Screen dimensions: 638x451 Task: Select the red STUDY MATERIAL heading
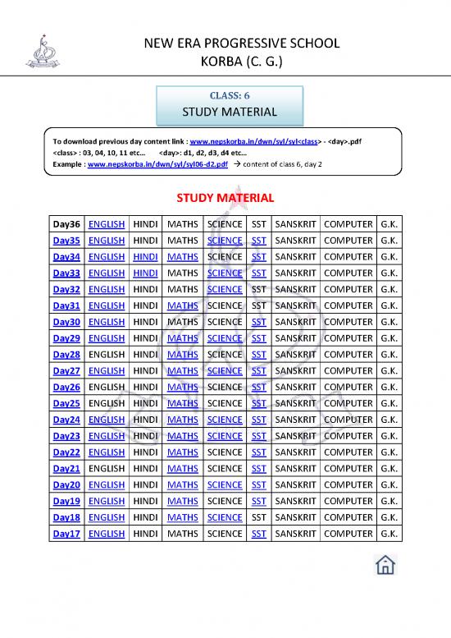coord(225,198)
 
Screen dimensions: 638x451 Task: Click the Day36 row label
coord(66,224)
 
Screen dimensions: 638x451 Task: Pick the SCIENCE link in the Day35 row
coord(225,241)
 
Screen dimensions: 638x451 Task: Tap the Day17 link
coord(66,534)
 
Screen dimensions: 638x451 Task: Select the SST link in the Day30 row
coord(258,322)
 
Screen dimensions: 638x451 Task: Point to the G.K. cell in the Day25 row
coord(389,403)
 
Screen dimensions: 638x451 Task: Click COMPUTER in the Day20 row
coord(348,484)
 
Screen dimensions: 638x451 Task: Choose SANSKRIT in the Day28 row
coord(296,355)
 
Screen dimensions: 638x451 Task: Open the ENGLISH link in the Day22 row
coord(106,452)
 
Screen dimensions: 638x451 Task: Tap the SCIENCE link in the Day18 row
coord(225,517)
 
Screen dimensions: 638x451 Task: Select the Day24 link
coord(66,420)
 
